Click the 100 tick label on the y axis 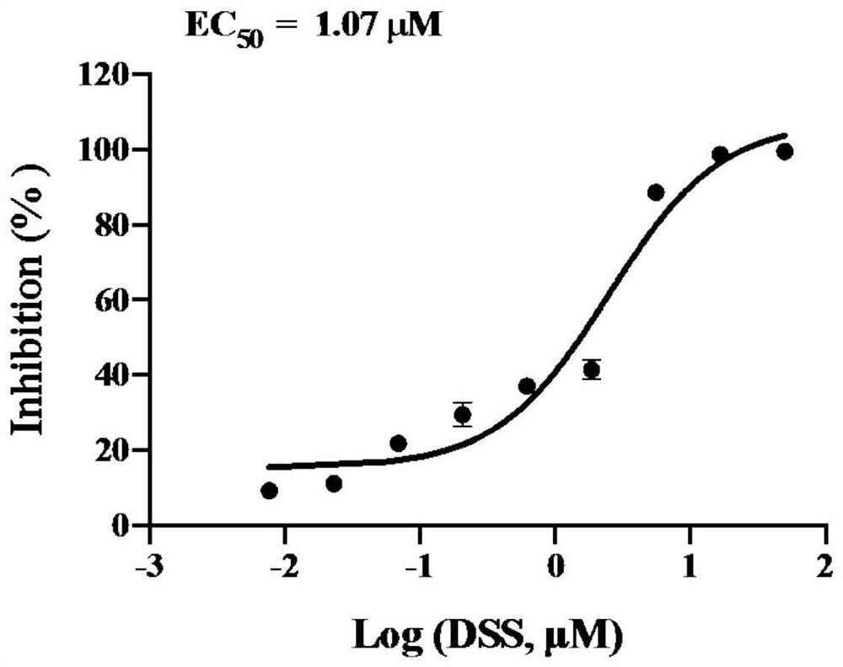pyautogui.click(x=107, y=149)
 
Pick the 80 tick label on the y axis pyautogui.click(x=114, y=225)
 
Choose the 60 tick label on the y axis pyautogui.click(x=114, y=300)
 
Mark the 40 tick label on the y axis pyautogui.click(x=114, y=375)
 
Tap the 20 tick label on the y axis pyautogui.click(x=114, y=450)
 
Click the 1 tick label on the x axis pyautogui.click(x=690, y=562)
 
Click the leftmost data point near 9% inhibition pyautogui.click(x=269, y=491)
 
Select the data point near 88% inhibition pyautogui.click(x=656, y=192)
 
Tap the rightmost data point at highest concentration pyautogui.click(x=785, y=152)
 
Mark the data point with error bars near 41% pyautogui.click(x=592, y=369)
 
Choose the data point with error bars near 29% pyautogui.click(x=462, y=414)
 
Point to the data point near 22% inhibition pyautogui.click(x=399, y=444)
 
